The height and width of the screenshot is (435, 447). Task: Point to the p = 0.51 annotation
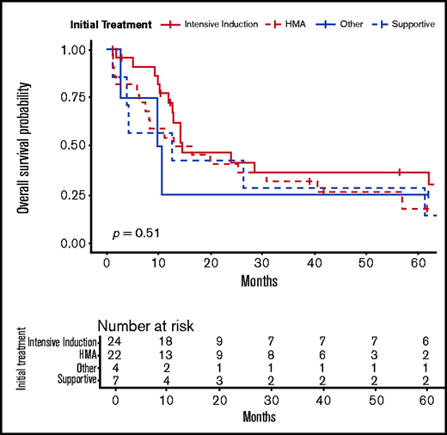(136, 232)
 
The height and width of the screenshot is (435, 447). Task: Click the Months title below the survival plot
(259, 280)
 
